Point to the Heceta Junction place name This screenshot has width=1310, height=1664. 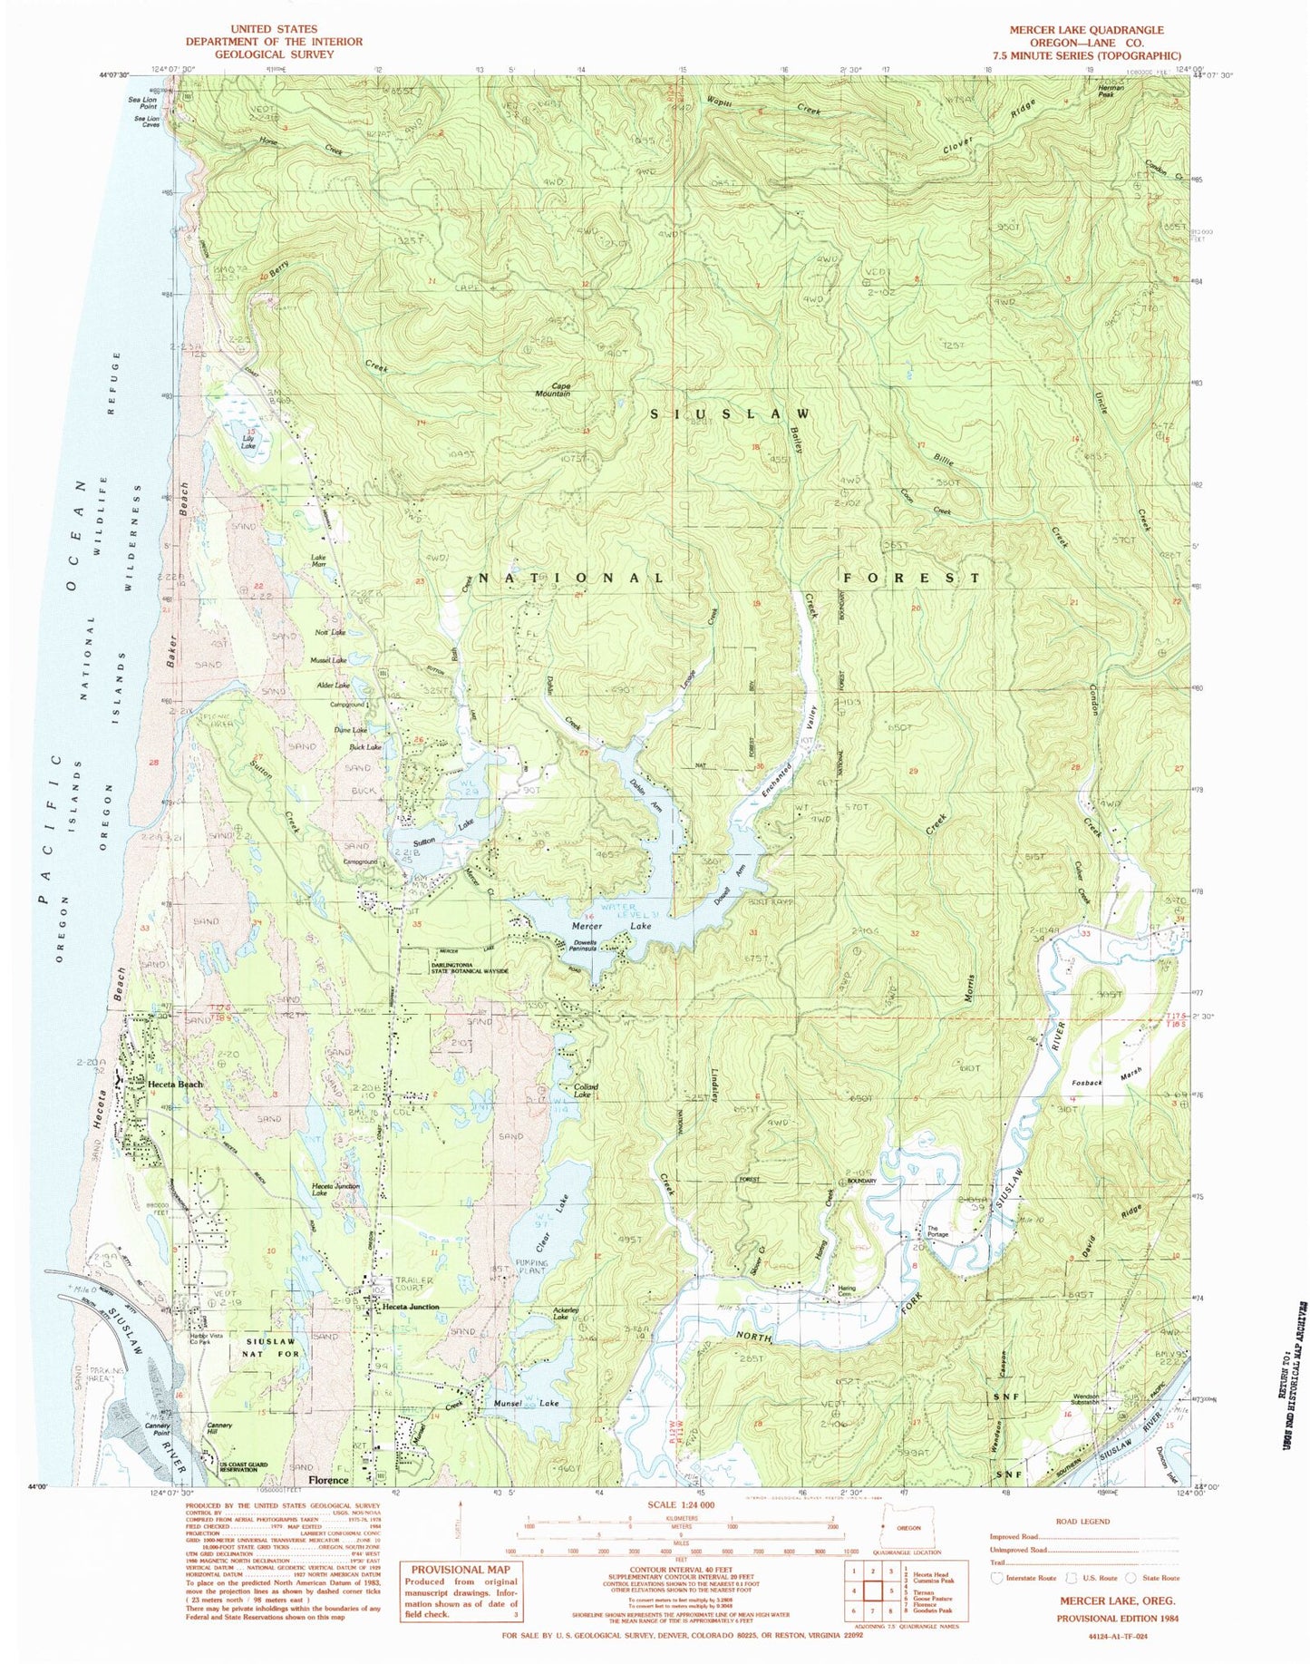[410, 1307]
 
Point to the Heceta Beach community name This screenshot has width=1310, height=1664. [176, 1084]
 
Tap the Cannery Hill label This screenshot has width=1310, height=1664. [220, 1426]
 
